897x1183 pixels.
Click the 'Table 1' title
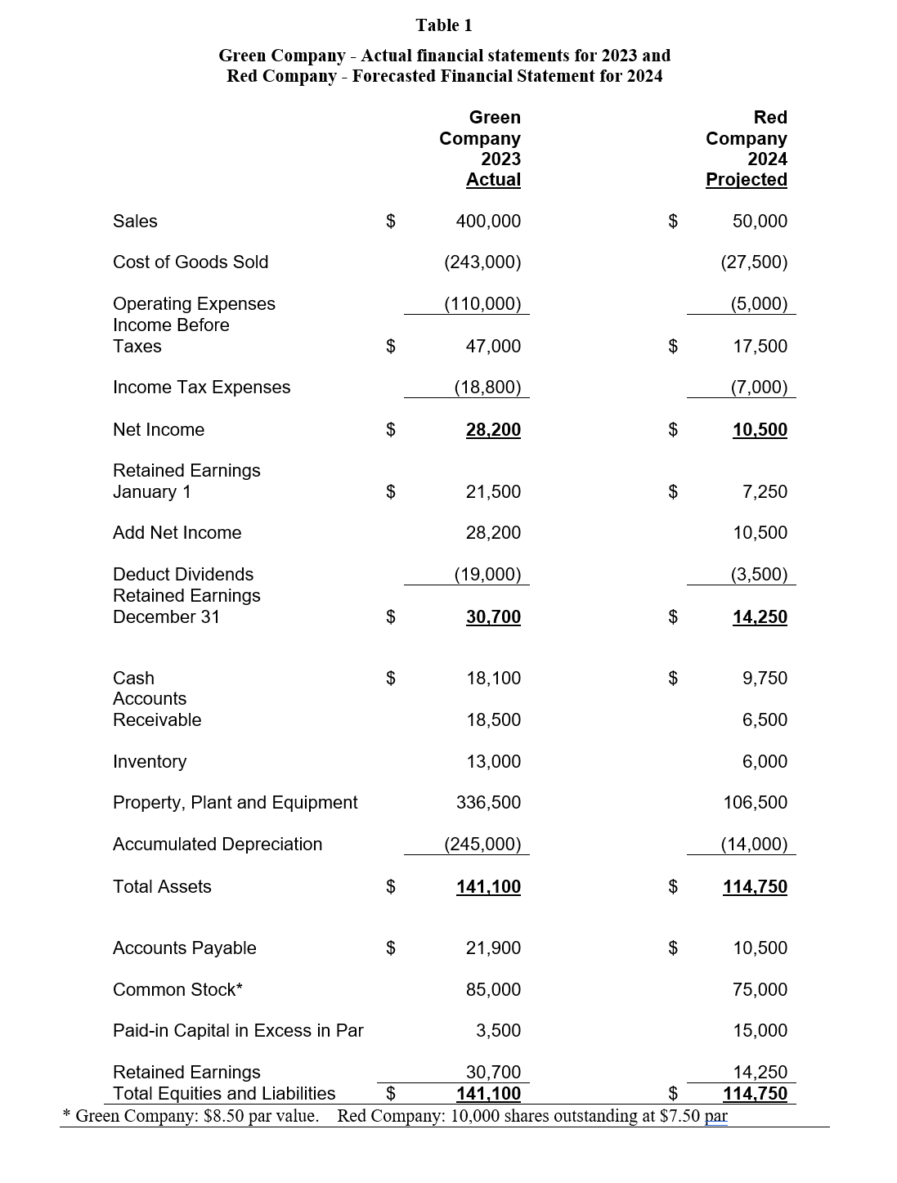tap(443, 25)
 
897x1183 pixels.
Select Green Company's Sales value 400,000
tap(487, 222)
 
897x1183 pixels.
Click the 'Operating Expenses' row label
tap(194, 304)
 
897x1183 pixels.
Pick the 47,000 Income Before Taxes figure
tap(492, 347)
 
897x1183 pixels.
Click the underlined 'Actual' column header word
tap(493, 180)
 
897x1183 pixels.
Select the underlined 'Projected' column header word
tap(746, 180)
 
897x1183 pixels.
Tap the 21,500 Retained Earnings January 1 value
tap(492, 492)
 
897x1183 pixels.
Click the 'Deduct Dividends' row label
tap(183, 575)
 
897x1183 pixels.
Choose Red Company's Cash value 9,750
tap(765, 679)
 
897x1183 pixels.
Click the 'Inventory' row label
tap(150, 762)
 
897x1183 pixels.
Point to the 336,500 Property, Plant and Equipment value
tap(488, 803)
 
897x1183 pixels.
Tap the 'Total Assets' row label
tap(162, 887)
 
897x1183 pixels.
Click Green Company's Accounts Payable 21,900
tap(492, 948)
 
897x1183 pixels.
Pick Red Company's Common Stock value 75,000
tap(760, 990)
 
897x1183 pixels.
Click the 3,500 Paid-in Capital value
tap(498, 1031)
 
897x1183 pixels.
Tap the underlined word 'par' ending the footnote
tap(715, 1117)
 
